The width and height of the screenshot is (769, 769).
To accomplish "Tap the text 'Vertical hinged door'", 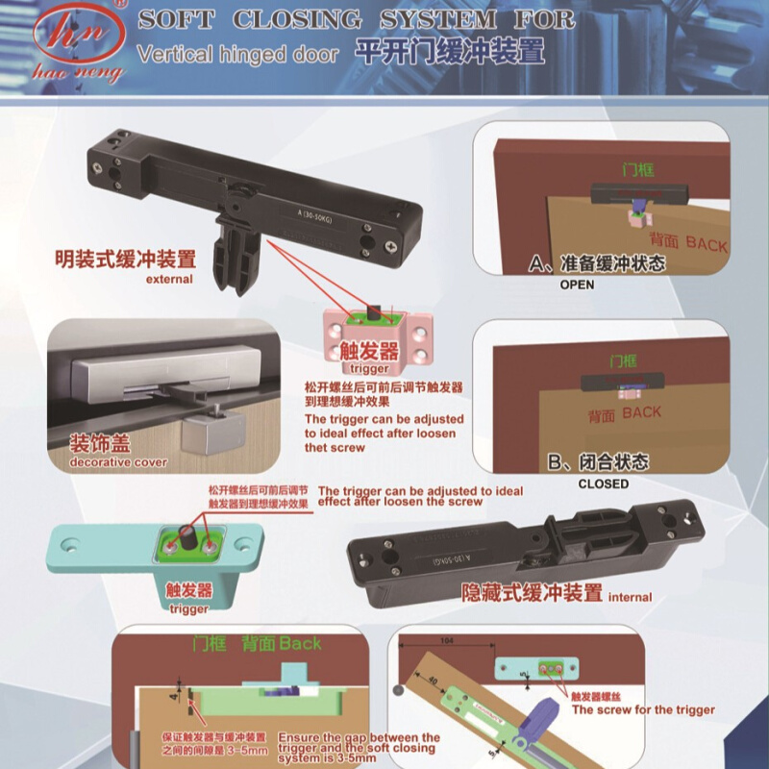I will pyautogui.click(x=237, y=54).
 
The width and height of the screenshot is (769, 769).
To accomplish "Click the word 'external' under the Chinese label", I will pyautogui.click(x=169, y=280).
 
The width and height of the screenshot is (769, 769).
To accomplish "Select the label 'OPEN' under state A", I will pyautogui.click(x=577, y=285).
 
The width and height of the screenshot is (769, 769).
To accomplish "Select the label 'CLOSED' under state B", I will pyautogui.click(x=603, y=484).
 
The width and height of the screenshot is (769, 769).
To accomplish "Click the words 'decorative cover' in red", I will pyautogui.click(x=118, y=462).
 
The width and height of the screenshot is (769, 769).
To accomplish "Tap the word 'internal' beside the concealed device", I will pyautogui.click(x=631, y=597).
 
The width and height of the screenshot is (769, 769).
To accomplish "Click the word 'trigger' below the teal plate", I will pyautogui.click(x=188, y=608).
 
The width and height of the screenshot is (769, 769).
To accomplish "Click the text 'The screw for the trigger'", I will pyautogui.click(x=643, y=709).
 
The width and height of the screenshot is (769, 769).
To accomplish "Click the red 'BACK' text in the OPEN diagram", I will pyautogui.click(x=707, y=245).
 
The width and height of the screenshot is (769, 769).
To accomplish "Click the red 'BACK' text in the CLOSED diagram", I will pyautogui.click(x=641, y=412).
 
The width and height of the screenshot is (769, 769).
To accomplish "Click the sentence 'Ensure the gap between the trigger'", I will pyautogui.click(x=359, y=738).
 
